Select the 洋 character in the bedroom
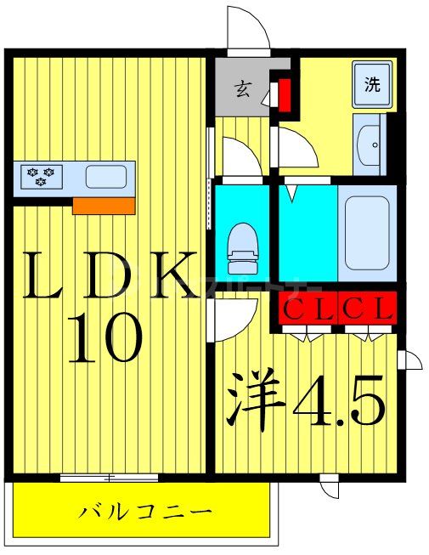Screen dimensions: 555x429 point(256,399)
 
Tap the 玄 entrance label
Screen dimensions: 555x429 point(242,88)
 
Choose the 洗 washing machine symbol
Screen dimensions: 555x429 point(373,84)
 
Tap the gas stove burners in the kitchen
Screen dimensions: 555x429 point(39,177)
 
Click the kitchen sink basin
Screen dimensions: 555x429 point(106,177)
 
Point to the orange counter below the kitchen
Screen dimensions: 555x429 point(104,205)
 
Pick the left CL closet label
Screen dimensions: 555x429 point(308,308)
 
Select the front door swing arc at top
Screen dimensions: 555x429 point(248,30)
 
